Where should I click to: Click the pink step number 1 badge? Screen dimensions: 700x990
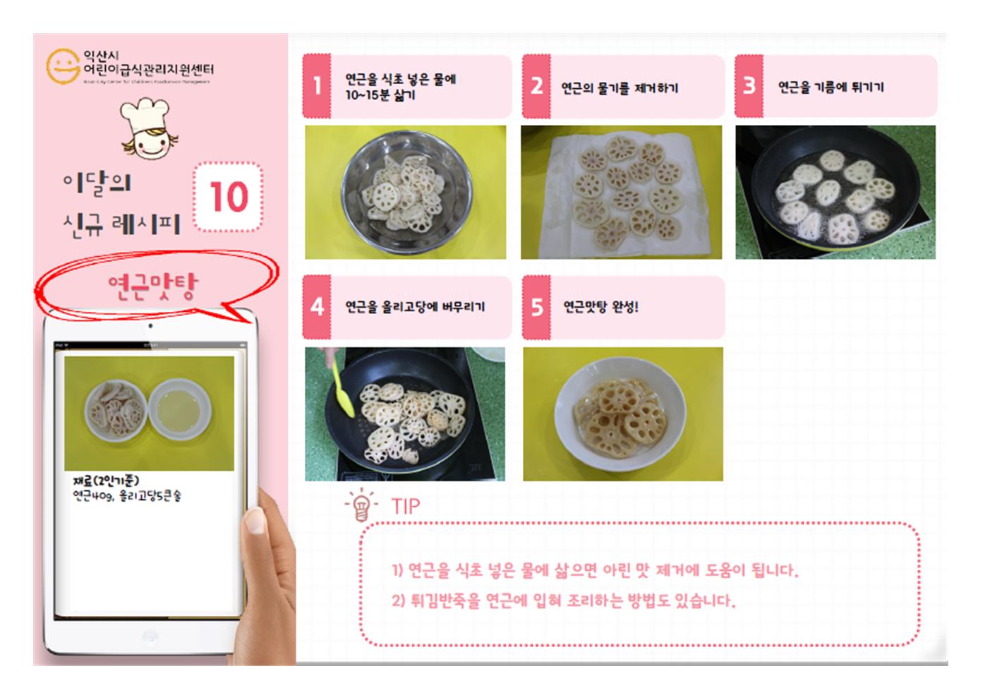click(x=317, y=86)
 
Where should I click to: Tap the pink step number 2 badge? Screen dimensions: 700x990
click(x=536, y=86)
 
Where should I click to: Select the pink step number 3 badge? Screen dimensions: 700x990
click(x=749, y=86)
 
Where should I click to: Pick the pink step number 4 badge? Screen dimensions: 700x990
click(x=317, y=307)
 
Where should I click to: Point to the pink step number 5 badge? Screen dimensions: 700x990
click(x=536, y=307)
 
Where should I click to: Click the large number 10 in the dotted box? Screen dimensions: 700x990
click(x=229, y=197)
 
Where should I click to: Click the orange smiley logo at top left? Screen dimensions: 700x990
click(x=62, y=66)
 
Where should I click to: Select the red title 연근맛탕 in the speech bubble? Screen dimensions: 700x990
click(x=153, y=286)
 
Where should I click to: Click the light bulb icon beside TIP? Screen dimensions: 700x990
click(x=361, y=505)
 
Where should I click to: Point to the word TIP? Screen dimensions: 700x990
click(x=406, y=506)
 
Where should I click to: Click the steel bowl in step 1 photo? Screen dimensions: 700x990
click(x=405, y=193)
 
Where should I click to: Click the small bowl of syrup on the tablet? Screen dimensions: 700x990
click(x=179, y=411)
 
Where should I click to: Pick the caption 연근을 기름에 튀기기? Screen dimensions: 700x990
click(x=831, y=87)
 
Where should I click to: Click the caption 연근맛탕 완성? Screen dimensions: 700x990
click(x=600, y=307)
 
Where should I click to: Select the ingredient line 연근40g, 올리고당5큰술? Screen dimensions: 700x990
click(x=127, y=496)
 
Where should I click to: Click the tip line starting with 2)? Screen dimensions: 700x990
click(x=563, y=601)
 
